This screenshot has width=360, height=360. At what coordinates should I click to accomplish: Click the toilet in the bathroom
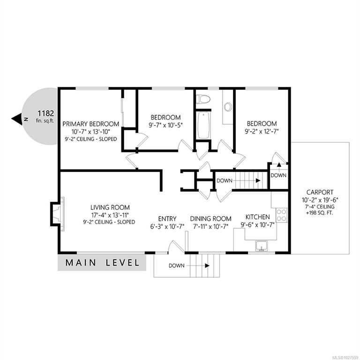(203, 99)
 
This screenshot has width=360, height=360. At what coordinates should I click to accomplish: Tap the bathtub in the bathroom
(203, 125)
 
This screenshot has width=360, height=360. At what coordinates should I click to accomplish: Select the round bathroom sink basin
(228, 107)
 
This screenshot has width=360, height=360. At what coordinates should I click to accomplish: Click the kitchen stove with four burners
(281, 215)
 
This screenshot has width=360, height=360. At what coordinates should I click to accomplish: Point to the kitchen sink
(261, 246)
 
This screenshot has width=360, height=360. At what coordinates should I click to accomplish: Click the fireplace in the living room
(57, 214)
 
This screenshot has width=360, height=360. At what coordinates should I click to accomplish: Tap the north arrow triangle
(17, 119)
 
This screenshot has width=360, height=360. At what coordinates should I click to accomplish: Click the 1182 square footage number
(46, 113)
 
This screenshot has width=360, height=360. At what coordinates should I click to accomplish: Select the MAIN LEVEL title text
(102, 262)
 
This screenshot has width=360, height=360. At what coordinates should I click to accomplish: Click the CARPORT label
(320, 192)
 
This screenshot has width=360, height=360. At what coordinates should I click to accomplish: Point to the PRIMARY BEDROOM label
(91, 124)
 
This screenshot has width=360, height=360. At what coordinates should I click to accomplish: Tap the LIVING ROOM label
(110, 207)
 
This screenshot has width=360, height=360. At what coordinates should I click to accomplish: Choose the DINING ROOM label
(211, 218)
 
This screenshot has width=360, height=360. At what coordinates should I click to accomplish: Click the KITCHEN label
(258, 217)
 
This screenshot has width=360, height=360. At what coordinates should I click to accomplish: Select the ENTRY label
(167, 218)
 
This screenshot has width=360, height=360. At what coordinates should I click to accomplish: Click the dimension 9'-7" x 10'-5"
(165, 125)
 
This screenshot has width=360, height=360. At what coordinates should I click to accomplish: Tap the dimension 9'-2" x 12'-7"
(262, 132)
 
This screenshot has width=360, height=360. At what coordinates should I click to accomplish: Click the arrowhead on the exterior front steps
(207, 266)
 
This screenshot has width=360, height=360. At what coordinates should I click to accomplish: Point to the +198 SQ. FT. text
(320, 213)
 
